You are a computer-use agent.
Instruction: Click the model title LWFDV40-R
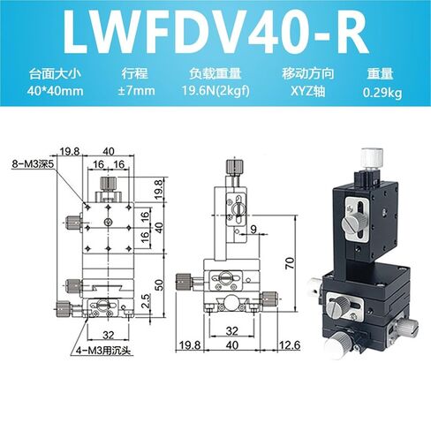click(215, 33)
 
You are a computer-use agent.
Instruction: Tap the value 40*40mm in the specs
click(56, 91)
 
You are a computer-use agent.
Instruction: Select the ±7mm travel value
click(136, 91)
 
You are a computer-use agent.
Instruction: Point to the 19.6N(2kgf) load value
click(215, 91)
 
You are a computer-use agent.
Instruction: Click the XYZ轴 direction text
click(308, 92)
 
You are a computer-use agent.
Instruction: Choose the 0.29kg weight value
click(382, 93)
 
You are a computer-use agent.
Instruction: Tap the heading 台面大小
click(55, 74)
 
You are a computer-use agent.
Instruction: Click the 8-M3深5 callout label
click(33, 163)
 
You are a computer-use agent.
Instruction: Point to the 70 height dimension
click(290, 263)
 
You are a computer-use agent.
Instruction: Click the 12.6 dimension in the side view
click(290, 344)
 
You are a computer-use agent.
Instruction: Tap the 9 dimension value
click(253, 229)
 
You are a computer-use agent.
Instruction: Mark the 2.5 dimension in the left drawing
click(146, 301)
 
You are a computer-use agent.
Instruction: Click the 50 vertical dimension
click(159, 284)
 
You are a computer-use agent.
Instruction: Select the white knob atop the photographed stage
click(372, 159)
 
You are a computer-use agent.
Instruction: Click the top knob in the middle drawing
click(235, 167)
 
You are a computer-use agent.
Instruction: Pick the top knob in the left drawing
click(109, 184)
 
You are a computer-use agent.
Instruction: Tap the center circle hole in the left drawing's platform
click(109, 222)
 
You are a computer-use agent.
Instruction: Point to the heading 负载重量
click(215, 74)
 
